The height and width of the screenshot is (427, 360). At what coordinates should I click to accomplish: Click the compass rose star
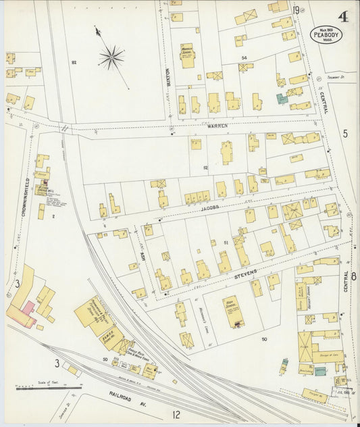[111, 57]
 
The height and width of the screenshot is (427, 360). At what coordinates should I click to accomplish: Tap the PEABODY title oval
[326, 34]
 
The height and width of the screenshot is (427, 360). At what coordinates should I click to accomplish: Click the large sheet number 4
[343, 16]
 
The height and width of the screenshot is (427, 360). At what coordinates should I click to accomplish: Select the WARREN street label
[218, 126]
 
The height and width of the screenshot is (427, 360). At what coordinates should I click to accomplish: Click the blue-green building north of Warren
[281, 99]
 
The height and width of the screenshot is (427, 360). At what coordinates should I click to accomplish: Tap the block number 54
[244, 58]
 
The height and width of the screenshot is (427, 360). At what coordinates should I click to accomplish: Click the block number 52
[205, 167]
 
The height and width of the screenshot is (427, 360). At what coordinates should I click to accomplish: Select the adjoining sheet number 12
[175, 414]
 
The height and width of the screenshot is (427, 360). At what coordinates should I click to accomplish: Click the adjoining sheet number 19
[296, 9]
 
